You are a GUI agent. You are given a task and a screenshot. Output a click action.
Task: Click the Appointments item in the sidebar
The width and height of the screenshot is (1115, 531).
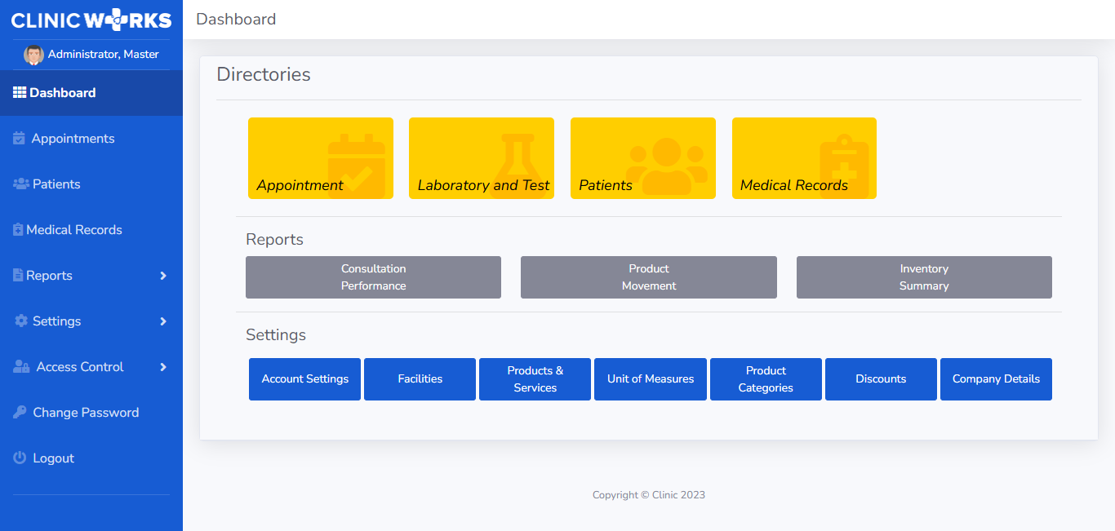(x=64, y=138)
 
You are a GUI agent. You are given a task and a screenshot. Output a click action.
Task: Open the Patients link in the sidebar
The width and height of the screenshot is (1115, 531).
(x=47, y=184)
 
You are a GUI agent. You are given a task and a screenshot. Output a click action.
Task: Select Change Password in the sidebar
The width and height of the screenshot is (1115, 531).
(x=76, y=412)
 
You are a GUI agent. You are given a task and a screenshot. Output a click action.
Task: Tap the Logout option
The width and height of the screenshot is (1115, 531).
(x=43, y=458)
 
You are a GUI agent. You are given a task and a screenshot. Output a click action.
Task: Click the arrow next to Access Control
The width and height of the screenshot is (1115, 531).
(x=163, y=367)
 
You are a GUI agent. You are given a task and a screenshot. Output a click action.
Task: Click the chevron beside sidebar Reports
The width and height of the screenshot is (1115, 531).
(x=163, y=276)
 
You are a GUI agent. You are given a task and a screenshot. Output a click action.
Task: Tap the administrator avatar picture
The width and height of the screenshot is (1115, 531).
(x=33, y=55)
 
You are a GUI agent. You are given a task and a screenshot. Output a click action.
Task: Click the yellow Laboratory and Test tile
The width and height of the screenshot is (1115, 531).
(x=482, y=158)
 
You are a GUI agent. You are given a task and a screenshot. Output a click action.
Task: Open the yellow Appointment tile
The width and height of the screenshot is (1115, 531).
(x=321, y=158)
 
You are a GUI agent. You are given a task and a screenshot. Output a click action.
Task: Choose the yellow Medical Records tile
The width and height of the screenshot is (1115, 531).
(x=804, y=158)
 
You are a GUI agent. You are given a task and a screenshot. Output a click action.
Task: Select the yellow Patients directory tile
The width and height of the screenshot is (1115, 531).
(x=643, y=158)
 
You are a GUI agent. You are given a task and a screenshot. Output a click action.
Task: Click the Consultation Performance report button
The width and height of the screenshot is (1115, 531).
(x=373, y=277)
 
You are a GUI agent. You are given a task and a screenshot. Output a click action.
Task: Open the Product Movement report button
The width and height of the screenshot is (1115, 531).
(x=649, y=277)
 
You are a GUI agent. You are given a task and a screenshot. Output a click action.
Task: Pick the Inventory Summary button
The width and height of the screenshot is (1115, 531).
(x=924, y=277)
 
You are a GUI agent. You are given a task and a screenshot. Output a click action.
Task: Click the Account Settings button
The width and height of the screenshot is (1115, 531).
(x=304, y=378)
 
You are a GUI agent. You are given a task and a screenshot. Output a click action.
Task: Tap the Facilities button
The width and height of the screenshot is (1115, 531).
(x=420, y=378)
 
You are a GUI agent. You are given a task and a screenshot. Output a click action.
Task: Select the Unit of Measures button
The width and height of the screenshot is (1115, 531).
(x=650, y=378)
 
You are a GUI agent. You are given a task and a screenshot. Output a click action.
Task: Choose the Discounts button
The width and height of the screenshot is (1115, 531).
(x=881, y=378)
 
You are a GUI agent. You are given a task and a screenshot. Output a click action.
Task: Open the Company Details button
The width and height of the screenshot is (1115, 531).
(x=996, y=378)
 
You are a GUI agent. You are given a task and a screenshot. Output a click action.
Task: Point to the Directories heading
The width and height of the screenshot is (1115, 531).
(x=264, y=74)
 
